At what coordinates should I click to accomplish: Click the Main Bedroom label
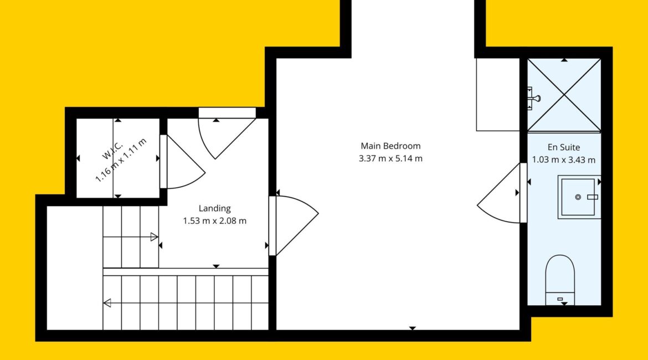pyautogui.click(x=390, y=146)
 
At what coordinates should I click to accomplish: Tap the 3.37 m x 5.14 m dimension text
pyautogui.click(x=390, y=158)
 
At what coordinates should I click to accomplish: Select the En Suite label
pyautogui.click(x=564, y=147)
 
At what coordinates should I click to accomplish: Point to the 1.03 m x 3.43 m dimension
pyautogui.click(x=564, y=160)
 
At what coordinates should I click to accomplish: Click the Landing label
pyautogui.click(x=214, y=208)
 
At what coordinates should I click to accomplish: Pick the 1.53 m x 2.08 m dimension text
pyautogui.click(x=214, y=221)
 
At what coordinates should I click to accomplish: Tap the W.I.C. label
pyautogui.click(x=112, y=151)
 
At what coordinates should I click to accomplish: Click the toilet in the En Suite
pyautogui.click(x=560, y=280)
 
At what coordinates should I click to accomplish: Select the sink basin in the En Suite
pyautogui.click(x=579, y=197)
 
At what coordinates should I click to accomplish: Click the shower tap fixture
pyautogui.click(x=533, y=99)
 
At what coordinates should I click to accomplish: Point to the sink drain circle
pyautogui.click(x=578, y=197)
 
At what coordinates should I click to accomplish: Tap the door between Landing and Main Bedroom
pyautogui.click(x=294, y=225)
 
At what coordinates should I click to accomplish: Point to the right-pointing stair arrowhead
pyautogui.click(x=154, y=237)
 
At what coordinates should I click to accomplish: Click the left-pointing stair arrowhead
pyautogui.click(x=107, y=303)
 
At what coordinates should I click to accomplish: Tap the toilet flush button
pyautogui.click(x=560, y=299)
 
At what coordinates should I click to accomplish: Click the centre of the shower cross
pyautogui.click(x=564, y=95)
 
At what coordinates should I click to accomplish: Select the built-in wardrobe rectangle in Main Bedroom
pyautogui.click(x=498, y=95)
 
